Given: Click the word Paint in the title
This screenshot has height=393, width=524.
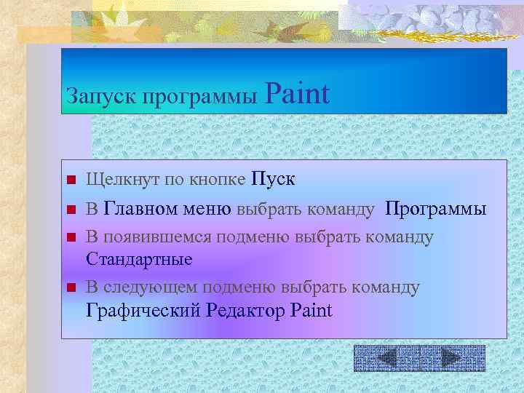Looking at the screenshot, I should [x=298, y=94].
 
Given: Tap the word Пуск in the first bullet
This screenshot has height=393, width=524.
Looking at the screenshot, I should [x=273, y=179].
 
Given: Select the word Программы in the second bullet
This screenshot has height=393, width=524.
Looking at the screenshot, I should [x=435, y=210].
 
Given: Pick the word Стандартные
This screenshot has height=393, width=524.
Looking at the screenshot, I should [x=139, y=259].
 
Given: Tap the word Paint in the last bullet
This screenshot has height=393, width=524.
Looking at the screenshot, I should [x=311, y=311].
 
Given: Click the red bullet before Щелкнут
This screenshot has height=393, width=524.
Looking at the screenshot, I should [x=71, y=180].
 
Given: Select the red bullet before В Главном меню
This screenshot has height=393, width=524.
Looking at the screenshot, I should [x=71, y=210].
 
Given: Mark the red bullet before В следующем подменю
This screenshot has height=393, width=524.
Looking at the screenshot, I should [x=71, y=287].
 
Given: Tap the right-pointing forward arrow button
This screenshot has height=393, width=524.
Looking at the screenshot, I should [x=452, y=357].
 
